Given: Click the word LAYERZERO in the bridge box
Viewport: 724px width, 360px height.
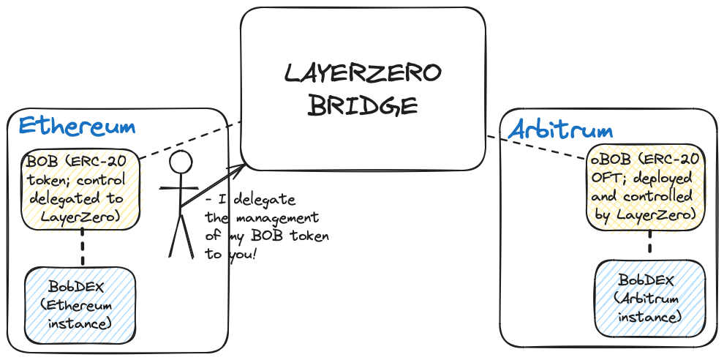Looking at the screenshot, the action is [363, 73].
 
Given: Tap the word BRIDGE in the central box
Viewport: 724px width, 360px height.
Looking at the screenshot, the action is [363, 106].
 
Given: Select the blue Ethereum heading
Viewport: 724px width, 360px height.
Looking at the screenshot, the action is [77, 126].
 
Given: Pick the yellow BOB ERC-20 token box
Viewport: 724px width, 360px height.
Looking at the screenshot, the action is [80, 189].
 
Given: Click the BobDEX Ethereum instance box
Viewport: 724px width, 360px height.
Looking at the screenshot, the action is [80, 305].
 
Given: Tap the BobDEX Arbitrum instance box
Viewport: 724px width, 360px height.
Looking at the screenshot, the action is [650, 299].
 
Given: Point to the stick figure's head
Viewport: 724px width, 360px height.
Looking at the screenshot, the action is [180, 162].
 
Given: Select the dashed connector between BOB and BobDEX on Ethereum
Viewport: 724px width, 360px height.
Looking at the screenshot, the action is [83, 247].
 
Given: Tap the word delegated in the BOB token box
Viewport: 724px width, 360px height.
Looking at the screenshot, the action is [67, 199].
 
